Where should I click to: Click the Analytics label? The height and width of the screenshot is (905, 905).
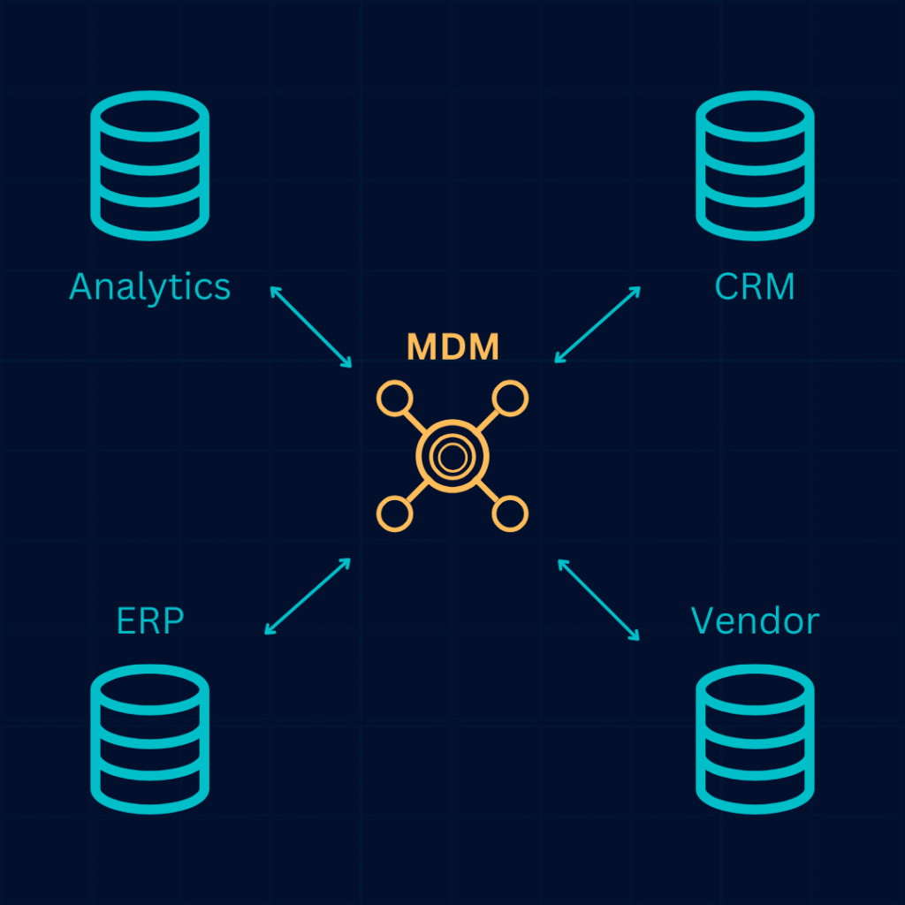(x=149, y=287)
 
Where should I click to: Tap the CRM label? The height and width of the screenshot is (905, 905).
(x=754, y=287)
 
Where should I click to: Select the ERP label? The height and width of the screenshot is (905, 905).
(x=150, y=620)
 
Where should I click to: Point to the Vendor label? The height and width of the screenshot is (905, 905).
(x=755, y=620)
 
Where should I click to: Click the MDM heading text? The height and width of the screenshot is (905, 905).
(x=452, y=348)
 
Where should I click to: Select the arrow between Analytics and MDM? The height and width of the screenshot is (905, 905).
(x=311, y=326)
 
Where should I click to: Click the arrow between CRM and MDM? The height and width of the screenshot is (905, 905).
(x=597, y=324)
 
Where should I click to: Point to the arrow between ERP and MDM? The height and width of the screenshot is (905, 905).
(x=308, y=597)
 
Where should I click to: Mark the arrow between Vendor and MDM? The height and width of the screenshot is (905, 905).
(x=598, y=599)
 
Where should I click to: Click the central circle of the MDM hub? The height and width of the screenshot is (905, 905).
(x=452, y=456)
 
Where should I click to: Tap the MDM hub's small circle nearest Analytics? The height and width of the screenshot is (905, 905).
(x=394, y=399)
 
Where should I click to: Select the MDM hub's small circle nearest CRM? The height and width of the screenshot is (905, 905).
(x=509, y=399)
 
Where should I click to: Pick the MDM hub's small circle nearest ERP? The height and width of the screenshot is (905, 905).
(x=394, y=513)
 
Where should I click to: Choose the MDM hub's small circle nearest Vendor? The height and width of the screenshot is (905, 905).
(x=509, y=513)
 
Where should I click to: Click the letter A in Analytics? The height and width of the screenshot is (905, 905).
(x=82, y=287)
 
